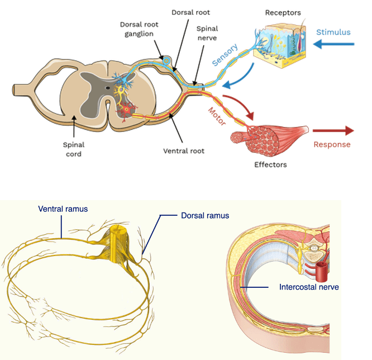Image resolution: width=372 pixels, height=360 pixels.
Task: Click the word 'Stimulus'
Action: tap(333, 32)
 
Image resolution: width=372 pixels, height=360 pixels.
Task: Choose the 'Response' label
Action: tap(332, 144)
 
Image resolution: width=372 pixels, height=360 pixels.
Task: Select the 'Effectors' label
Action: tap(270, 164)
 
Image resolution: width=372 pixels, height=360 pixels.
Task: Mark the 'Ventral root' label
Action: tap(183, 151)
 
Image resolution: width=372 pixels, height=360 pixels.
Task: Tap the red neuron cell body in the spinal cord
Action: tap(126, 110)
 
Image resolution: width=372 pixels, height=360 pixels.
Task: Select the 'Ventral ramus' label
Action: tap(63, 209)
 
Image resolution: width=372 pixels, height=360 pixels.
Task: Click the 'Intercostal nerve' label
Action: tap(309, 287)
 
